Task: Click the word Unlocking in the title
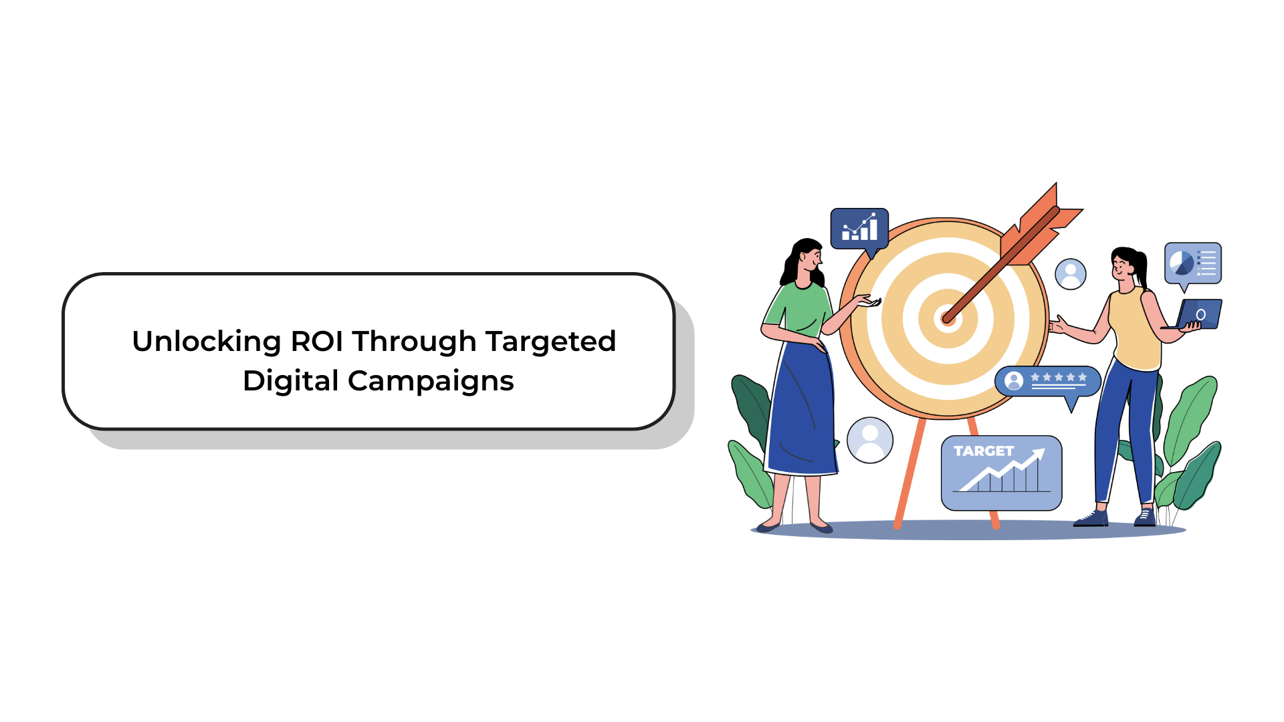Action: pos(206,342)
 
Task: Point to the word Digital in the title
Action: pos(291,382)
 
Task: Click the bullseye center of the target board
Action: pos(948,318)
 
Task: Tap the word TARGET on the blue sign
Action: pos(984,451)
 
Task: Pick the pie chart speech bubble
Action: pos(1193,264)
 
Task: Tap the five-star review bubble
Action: pos(1047,382)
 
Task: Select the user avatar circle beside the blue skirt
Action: pos(870,440)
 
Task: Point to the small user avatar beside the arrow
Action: pos(1071,273)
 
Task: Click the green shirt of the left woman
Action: pos(798,309)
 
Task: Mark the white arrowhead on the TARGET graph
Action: pos(1037,455)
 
